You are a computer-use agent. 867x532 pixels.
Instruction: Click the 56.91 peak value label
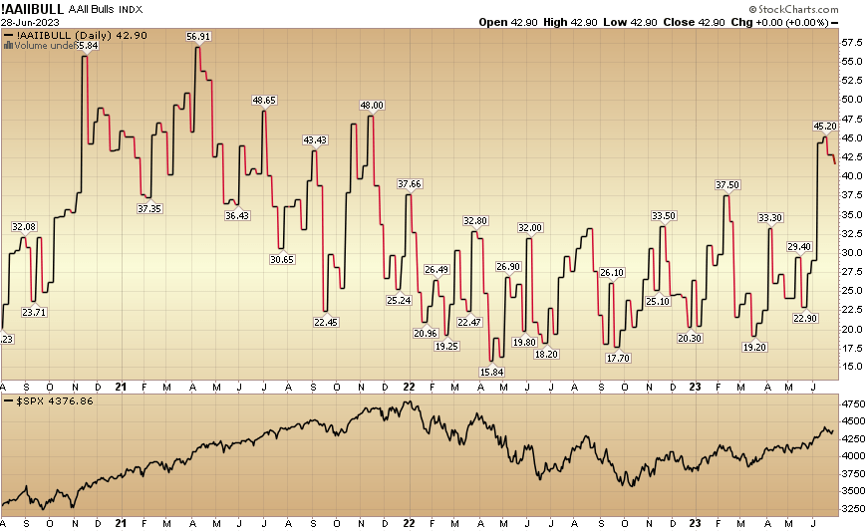point(198,37)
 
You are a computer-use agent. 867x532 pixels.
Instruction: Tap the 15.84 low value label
point(490,372)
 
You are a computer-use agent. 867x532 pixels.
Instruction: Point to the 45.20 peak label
point(825,127)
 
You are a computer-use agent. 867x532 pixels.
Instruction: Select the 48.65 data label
point(264,101)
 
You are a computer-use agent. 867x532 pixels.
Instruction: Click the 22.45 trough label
point(325,322)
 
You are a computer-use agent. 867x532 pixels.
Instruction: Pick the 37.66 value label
point(410,184)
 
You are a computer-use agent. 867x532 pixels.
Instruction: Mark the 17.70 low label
point(618,358)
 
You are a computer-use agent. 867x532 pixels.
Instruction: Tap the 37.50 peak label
point(727,185)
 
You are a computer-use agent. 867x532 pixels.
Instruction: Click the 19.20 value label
point(754,347)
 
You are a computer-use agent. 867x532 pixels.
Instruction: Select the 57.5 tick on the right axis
point(851,44)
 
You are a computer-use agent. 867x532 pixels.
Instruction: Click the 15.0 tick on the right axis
point(851,367)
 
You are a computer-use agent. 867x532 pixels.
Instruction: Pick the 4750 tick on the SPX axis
point(851,405)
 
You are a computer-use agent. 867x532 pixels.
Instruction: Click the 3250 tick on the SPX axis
point(851,508)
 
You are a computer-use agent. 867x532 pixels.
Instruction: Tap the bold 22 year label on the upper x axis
point(410,387)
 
